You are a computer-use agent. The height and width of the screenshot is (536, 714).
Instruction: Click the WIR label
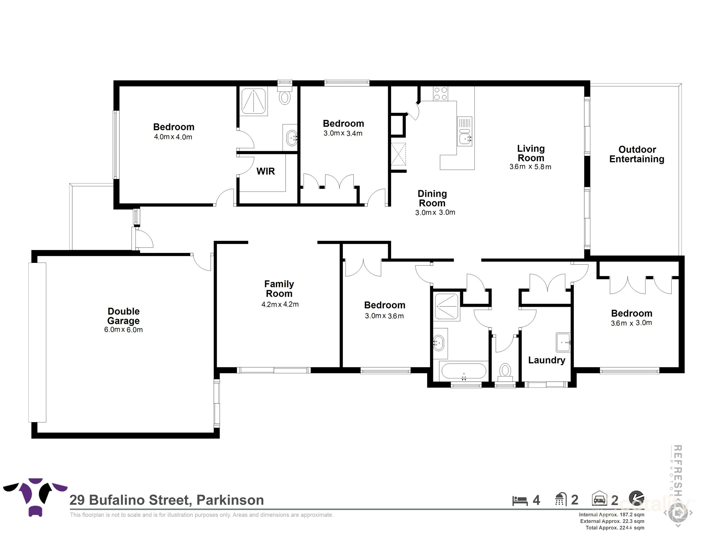click(265, 171)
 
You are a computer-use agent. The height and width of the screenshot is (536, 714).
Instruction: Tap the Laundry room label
click(546, 360)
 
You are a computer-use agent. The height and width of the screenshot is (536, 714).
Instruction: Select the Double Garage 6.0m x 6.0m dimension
click(123, 330)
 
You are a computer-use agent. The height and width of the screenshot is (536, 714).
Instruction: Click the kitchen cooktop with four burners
click(440, 94)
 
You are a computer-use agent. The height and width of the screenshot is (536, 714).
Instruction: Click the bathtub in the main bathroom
click(464, 371)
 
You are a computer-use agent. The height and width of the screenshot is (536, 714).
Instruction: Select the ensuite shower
click(254, 101)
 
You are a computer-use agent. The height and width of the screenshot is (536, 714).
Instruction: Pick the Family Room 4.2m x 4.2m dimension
click(280, 304)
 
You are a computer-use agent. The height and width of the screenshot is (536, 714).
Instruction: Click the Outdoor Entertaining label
click(637, 154)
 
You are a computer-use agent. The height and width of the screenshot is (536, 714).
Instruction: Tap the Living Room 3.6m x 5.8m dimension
click(530, 167)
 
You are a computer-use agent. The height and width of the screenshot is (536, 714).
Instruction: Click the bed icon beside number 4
click(520, 501)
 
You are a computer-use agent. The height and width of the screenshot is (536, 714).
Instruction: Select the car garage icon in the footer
click(599, 499)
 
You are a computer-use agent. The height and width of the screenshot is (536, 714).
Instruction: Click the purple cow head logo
click(35, 496)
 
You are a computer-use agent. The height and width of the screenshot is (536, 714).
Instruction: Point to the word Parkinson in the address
click(230, 500)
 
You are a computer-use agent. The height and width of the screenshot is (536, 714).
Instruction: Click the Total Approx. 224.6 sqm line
click(615, 528)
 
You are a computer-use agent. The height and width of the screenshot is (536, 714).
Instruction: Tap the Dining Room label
click(432, 198)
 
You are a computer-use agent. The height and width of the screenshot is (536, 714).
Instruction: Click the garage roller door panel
click(37, 342)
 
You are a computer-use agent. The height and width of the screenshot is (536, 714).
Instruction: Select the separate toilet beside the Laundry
click(505, 372)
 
